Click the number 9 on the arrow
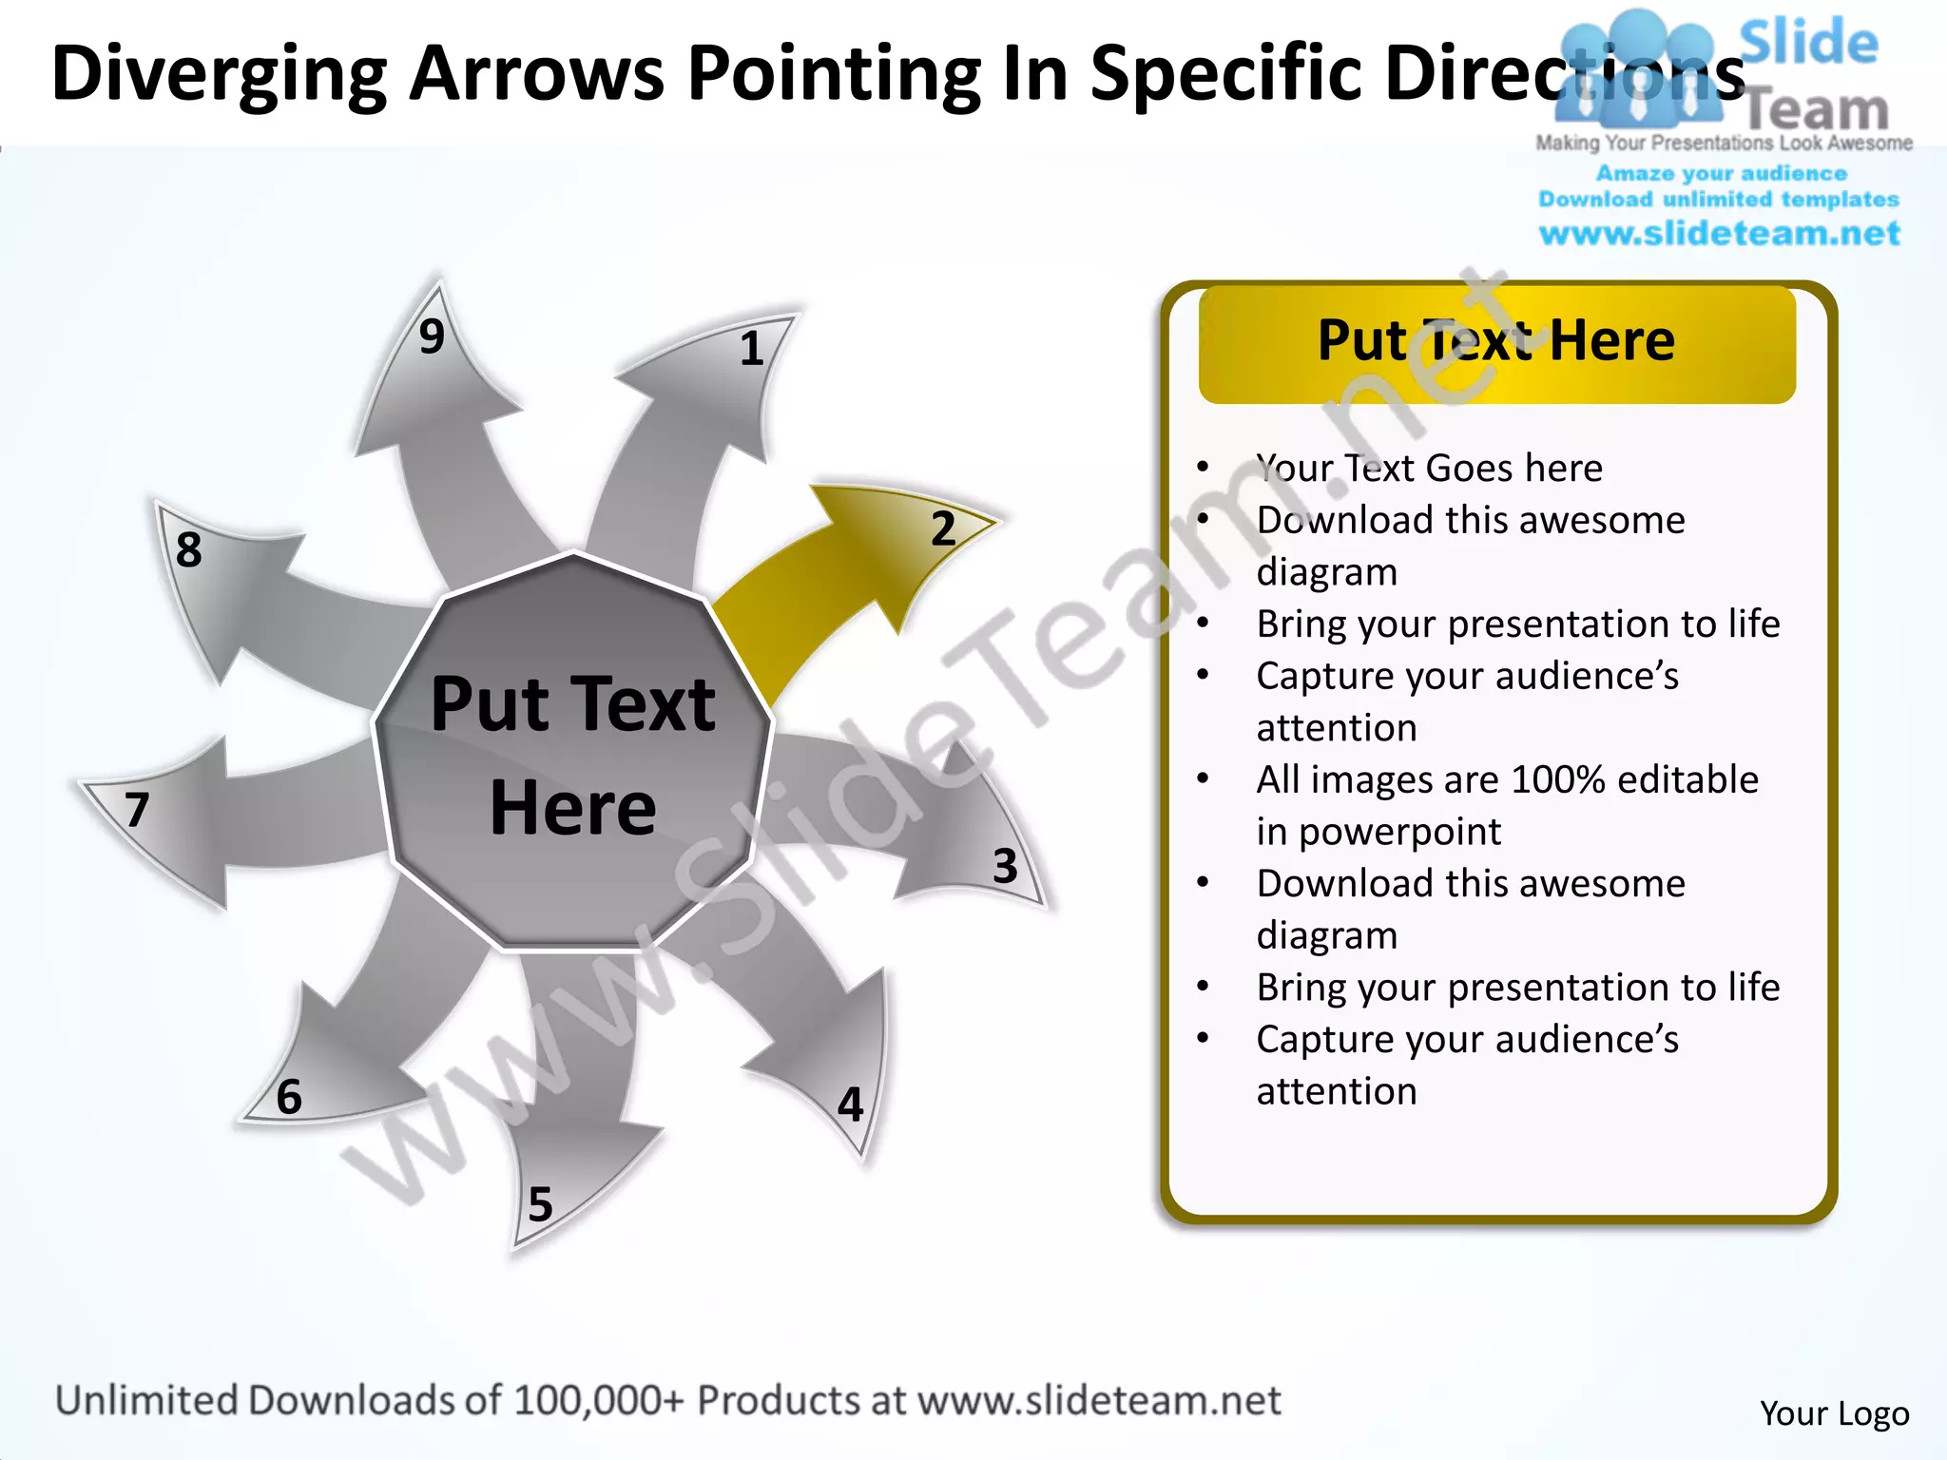(432, 336)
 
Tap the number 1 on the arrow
(752, 349)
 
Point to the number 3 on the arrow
(1005, 866)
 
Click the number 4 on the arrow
(850, 1105)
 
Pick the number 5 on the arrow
(540, 1204)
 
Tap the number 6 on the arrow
(289, 1097)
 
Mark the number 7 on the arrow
(138, 810)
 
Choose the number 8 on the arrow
(189, 549)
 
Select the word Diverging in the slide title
(220, 74)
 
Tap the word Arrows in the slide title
(537, 74)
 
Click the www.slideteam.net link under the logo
(1719, 234)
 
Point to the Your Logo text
(1834, 1413)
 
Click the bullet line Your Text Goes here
(1429, 468)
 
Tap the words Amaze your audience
(1721, 173)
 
